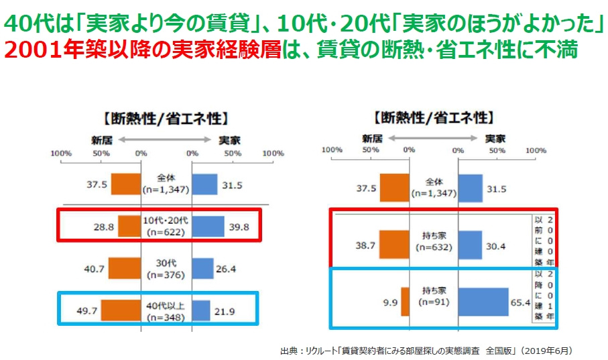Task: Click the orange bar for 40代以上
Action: (x=121, y=310)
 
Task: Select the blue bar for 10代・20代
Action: (x=208, y=227)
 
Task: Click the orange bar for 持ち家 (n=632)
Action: (x=394, y=246)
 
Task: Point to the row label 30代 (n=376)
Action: (x=166, y=268)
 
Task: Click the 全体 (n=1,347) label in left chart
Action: (x=166, y=184)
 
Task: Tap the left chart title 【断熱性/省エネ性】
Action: (x=166, y=119)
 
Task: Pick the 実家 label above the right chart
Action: (x=495, y=139)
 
